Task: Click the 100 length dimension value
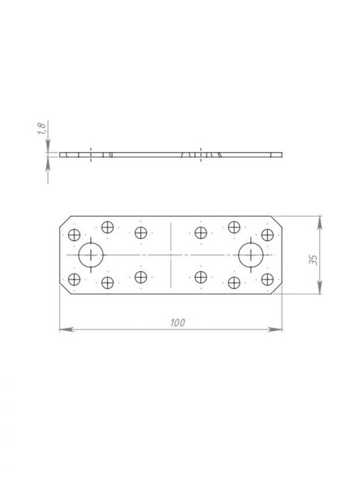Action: [178, 322]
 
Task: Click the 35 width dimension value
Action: [313, 260]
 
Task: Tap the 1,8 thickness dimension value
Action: [42, 129]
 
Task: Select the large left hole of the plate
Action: [91, 254]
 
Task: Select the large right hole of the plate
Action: [251, 254]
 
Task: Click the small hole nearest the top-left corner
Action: [74, 235]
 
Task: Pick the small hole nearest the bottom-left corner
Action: [74, 279]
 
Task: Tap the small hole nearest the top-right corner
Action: [267, 235]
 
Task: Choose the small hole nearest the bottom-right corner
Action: [267, 279]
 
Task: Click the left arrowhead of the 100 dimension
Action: [66, 329]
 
